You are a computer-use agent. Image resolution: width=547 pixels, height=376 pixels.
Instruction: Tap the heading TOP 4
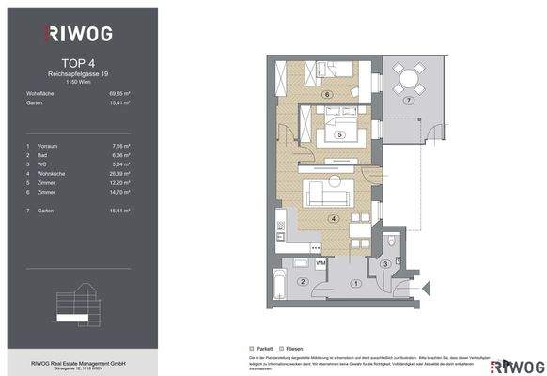(x=78, y=62)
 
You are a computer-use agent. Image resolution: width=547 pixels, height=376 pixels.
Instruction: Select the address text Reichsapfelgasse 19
(x=78, y=72)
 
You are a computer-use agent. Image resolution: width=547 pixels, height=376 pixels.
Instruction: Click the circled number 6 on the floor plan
(x=326, y=95)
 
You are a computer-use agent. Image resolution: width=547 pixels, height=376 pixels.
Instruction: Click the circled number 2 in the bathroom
(x=302, y=282)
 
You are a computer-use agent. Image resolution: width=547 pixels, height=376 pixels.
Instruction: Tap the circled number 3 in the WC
(x=385, y=265)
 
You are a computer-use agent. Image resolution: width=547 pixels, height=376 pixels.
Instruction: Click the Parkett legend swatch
(x=254, y=345)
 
